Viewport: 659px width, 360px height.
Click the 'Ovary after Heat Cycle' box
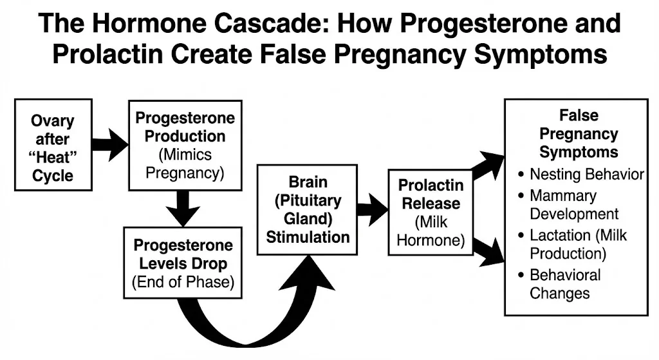[x=53, y=145]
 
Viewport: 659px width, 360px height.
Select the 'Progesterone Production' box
[x=185, y=145]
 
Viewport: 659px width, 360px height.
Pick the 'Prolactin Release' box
[x=430, y=213]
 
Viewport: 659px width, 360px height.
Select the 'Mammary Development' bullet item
[x=573, y=205]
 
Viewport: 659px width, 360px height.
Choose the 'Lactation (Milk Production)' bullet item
[x=577, y=244]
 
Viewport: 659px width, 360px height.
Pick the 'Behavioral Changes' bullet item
[x=564, y=284]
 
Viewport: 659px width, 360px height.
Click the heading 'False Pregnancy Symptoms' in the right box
[x=579, y=134]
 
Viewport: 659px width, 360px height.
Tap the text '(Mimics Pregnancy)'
[x=184, y=164]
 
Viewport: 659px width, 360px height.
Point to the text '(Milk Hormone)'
[x=430, y=232]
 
